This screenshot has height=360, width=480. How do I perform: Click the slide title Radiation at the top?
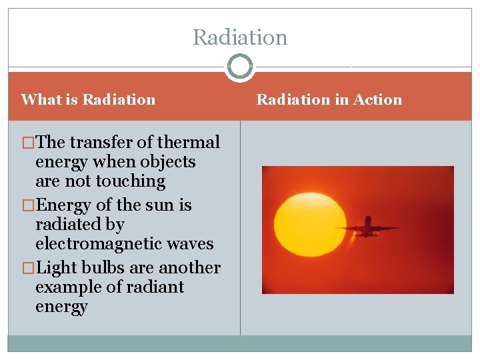(x=240, y=37)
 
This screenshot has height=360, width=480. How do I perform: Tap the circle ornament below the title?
(x=240, y=67)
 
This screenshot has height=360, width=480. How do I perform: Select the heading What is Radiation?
(x=88, y=100)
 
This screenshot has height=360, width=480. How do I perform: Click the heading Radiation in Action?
(x=329, y=100)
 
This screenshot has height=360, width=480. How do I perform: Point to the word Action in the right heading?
(x=377, y=100)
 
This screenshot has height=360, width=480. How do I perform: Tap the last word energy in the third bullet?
(x=61, y=307)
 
